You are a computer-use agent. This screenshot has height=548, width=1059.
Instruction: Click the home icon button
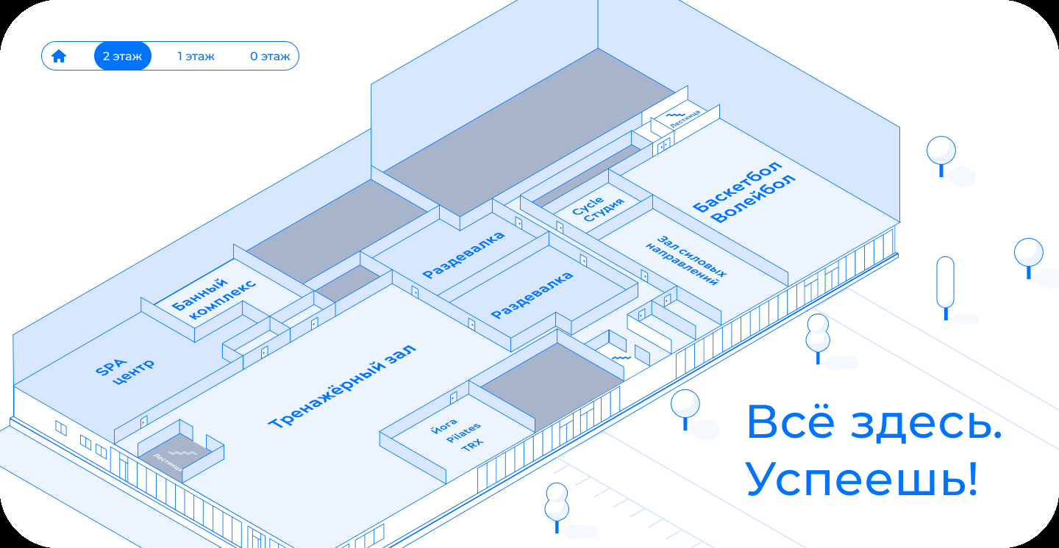[x=59, y=57]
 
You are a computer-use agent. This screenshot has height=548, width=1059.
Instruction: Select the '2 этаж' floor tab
[x=122, y=57]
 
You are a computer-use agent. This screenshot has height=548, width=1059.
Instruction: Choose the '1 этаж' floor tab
[x=196, y=57]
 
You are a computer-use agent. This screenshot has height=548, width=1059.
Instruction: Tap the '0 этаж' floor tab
[x=270, y=57]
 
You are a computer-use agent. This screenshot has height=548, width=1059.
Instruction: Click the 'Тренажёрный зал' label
[x=342, y=386]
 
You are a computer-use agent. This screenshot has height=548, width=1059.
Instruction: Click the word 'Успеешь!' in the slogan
[x=862, y=480]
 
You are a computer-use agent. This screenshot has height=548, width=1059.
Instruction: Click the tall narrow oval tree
[x=945, y=283]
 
